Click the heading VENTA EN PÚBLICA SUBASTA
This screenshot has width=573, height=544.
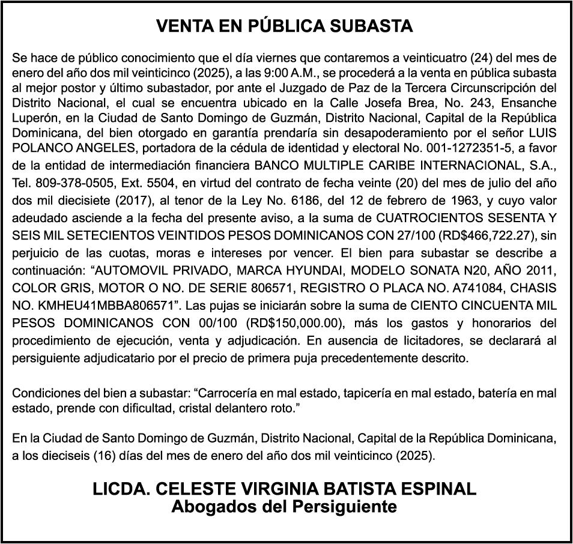point(284,26)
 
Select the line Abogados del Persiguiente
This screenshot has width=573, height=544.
point(284,507)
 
